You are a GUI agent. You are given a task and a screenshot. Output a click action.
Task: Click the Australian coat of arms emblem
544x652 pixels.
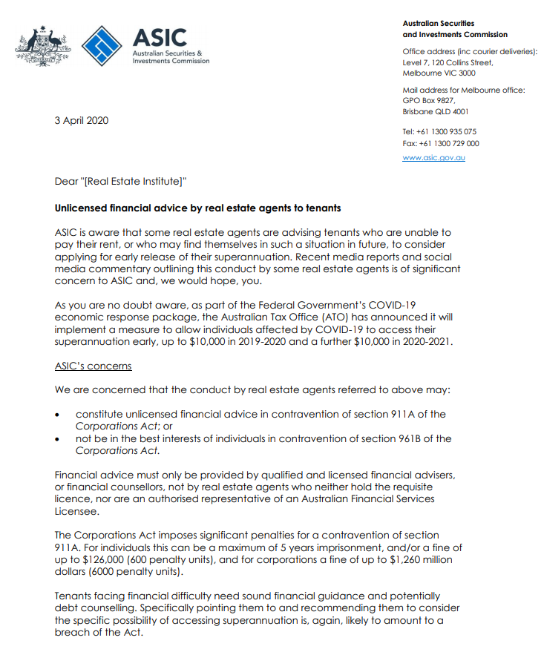43,46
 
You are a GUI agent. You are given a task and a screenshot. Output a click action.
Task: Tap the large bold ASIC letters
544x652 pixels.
160,37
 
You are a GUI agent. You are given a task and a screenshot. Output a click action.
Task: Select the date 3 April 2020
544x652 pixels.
82,120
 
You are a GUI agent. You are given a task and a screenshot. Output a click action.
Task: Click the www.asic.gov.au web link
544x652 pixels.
433,157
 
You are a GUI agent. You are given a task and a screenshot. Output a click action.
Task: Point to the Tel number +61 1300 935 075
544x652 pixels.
439,131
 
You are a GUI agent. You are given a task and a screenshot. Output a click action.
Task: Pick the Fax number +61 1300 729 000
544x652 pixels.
440,144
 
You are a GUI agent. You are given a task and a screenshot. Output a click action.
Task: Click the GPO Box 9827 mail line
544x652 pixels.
429,100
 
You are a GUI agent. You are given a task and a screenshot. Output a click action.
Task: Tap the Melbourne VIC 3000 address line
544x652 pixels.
439,73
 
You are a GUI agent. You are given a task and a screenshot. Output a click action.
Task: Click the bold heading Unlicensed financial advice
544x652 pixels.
197,208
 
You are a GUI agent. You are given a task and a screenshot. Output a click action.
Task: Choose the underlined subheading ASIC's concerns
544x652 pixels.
94,366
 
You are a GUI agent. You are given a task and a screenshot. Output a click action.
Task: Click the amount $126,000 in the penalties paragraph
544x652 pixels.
95,559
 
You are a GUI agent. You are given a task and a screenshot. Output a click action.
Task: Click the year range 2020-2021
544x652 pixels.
430,341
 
